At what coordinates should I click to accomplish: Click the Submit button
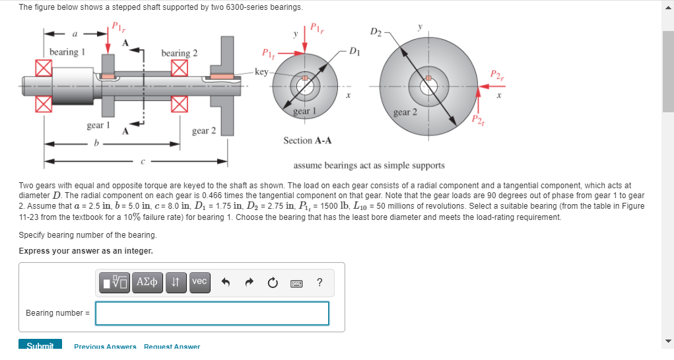pos(40,345)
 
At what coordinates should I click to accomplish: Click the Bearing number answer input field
pos(212,313)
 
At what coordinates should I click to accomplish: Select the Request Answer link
pos(172,346)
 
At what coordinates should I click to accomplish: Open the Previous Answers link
pos(105,346)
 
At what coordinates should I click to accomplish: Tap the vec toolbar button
pos(199,281)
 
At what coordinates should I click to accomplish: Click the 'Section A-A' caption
pos(307,140)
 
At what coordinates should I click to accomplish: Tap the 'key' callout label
pos(262,71)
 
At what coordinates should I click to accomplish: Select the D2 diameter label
pos(376,32)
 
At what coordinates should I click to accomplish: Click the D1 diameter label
pos(354,51)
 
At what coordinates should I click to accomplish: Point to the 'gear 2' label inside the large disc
pos(405,112)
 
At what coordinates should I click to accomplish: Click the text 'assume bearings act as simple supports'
pos(368,165)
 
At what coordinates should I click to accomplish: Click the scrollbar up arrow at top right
pos(668,5)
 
